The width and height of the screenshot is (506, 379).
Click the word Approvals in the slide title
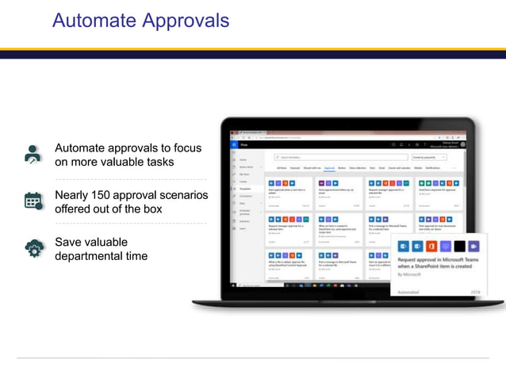tap(183, 21)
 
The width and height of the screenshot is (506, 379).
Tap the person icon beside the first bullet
tap(33, 155)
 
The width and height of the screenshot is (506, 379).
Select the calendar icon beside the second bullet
tap(33, 201)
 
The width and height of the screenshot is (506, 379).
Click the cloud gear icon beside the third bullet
tap(33, 248)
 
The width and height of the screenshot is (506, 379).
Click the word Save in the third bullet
tap(68, 242)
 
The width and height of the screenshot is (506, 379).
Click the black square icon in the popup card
tap(461, 247)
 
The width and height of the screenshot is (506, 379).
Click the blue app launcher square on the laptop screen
tap(234, 145)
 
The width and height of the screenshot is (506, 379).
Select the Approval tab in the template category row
tap(329, 168)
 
